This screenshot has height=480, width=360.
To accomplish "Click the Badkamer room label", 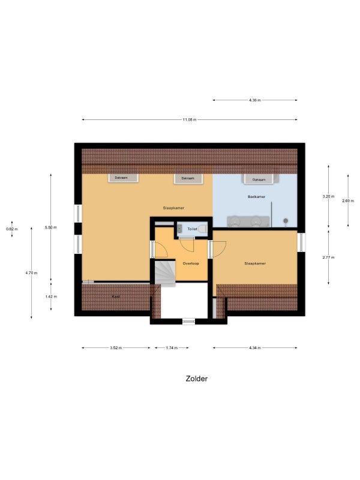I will tap(256, 197).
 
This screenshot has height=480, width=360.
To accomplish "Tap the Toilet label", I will tap(192, 229).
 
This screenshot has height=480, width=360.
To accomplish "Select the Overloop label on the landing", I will tap(191, 262).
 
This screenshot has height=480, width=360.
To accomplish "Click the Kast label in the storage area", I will tap(115, 296).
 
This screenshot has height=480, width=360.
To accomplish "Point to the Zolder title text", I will tap(196, 379).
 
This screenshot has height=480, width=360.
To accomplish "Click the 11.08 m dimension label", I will tap(190, 120).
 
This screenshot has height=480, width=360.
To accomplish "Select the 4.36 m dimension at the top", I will tap(255, 100).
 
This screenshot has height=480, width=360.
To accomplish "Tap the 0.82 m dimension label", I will tap(11, 229).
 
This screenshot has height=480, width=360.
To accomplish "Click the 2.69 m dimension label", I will tap(347, 200).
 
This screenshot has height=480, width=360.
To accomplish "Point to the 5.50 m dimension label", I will tap(50, 227).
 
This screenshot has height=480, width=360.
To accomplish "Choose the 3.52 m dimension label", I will tap(116, 348).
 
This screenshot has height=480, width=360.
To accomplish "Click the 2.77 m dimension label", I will tap(328, 257).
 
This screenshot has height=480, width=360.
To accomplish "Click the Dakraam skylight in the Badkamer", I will tap(259, 178).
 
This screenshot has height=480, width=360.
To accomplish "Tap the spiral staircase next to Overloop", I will tap(163, 272).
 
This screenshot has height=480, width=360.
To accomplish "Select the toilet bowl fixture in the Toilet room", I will tap(203, 229).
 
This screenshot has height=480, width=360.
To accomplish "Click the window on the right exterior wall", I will tap(302, 242).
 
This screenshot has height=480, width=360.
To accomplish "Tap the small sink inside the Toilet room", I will tap(179, 228).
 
